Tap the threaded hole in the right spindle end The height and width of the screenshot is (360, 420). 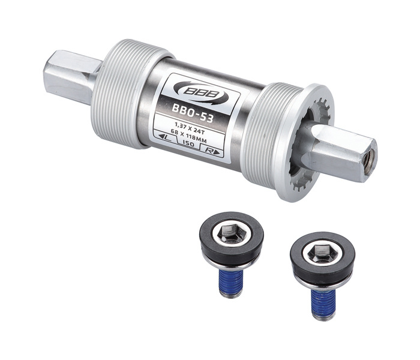click(370, 160)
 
